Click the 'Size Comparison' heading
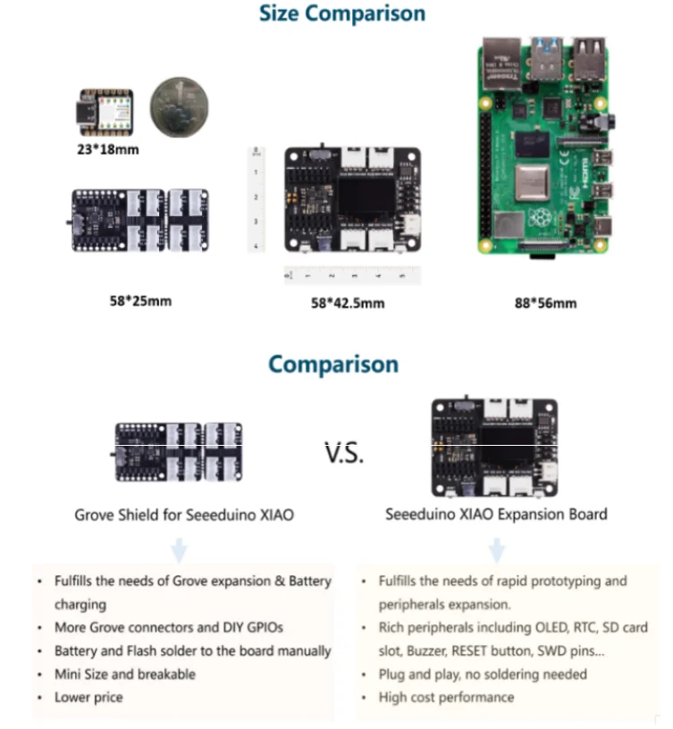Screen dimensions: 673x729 pyautogui.click(x=341, y=13)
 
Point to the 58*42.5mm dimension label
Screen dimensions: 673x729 pyautogui.click(x=348, y=303)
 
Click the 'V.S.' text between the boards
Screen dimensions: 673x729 pyautogui.click(x=343, y=453)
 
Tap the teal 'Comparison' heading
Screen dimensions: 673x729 pyautogui.click(x=333, y=364)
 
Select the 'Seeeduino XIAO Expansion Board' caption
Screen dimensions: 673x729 pyautogui.click(x=496, y=514)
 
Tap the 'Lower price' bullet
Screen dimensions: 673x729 pyautogui.click(x=88, y=697)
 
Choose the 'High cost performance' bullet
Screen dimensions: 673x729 pyautogui.click(x=446, y=697)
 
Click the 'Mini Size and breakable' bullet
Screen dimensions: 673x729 pyautogui.click(x=124, y=674)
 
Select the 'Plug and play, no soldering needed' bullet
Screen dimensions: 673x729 pyautogui.click(x=483, y=674)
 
